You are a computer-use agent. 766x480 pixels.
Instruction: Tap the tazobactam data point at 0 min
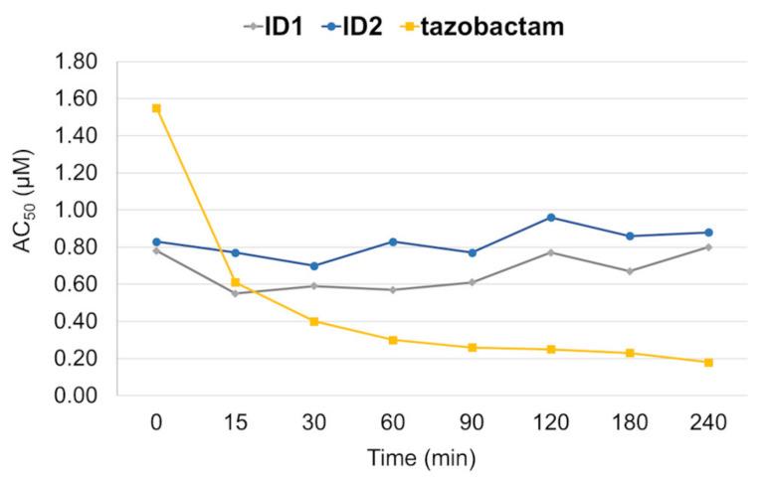pyautogui.click(x=156, y=108)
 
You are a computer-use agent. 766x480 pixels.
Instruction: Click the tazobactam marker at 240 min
pyautogui.click(x=708, y=362)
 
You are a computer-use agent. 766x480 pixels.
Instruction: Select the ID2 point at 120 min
pyautogui.click(x=551, y=218)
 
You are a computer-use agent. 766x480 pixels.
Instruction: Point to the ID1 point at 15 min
pyautogui.click(x=235, y=293)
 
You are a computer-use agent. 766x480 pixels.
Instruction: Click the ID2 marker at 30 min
pyautogui.click(x=314, y=266)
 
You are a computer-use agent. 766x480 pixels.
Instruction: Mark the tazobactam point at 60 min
pyautogui.click(x=393, y=340)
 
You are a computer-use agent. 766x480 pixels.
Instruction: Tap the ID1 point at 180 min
pyautogui.click(x=630, y=271)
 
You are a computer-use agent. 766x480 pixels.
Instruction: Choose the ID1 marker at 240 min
pyautogui.click(x=708, y=247)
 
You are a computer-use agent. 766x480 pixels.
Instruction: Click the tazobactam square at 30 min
pyautogui.click(x=314, y=321)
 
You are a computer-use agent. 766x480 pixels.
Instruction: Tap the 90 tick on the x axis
pyautogui.click(x=472, y=421)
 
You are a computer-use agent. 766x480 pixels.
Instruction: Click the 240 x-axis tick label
pyautogui.click(x=708, y=421)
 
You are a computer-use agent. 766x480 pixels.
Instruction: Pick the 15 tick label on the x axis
pyautogui.click(x=235, y=421)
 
